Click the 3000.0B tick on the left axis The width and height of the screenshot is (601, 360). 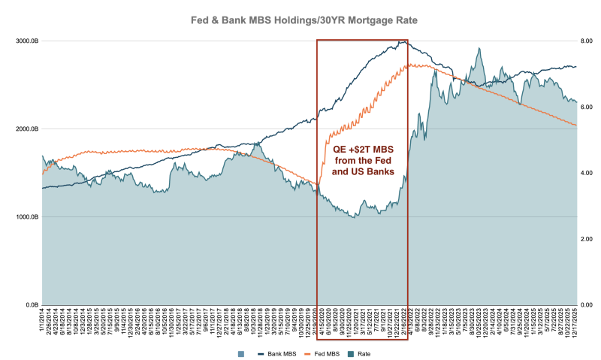click(x=26, y=40)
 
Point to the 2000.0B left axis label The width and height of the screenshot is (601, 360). click(x=26, y=129)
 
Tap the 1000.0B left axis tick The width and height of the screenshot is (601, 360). click(x=26, y=217)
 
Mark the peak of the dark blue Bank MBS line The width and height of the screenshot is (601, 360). click(x=403, y=41)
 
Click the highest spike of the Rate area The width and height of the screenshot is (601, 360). click(x=479, y=49)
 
